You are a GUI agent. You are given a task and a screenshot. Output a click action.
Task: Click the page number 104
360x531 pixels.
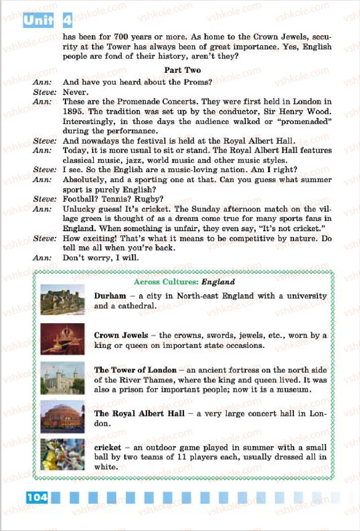point(37,497)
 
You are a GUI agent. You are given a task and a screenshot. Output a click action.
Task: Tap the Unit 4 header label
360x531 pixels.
point(47,20)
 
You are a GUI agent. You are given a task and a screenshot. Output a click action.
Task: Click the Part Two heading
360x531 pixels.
point(182,70)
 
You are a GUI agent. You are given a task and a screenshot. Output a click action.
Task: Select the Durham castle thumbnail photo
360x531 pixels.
point(62,299)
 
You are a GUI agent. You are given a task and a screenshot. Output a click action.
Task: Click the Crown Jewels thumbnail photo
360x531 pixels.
point(62,339)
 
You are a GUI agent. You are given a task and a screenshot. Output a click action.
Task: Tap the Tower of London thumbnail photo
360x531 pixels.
point(62,378)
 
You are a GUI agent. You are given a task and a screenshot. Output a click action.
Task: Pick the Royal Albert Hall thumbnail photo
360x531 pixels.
point(62,416)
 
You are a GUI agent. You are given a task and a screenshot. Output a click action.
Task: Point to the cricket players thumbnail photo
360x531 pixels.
point(62,454)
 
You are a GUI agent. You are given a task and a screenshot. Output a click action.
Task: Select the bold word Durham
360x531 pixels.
point(110,296)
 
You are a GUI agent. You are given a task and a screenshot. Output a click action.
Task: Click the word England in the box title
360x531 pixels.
point(218,282)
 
